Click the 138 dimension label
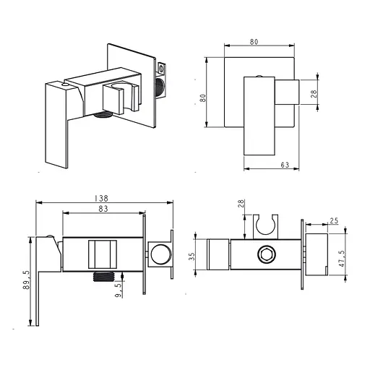pos(102,198)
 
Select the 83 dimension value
pos(103,209)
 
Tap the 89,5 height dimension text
pos(27,280)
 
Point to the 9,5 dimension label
pos(119,291)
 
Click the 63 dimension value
pos(285,165)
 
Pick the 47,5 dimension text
pos(343,259)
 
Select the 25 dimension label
pos(334,220)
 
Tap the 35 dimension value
pos(192,257)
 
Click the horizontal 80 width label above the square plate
pos(254,42)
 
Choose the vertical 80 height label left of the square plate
pos(203,98)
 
